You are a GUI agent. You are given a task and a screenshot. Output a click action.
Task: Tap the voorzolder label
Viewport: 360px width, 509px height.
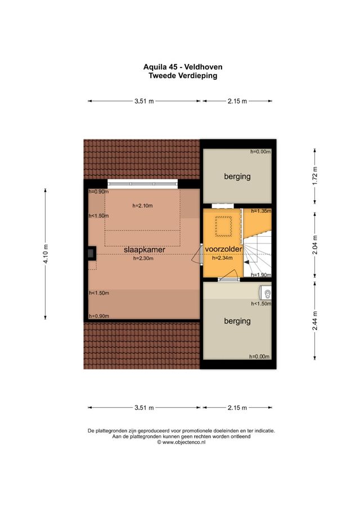click(x=223, y=249)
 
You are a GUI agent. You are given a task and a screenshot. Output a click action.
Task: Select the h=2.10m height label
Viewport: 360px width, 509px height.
click(x=142, y=206)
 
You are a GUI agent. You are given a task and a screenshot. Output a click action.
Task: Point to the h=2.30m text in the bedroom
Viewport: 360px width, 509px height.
click(x=143, y=259)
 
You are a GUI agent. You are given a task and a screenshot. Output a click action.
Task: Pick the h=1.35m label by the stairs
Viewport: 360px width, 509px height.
click(x=261, y=211)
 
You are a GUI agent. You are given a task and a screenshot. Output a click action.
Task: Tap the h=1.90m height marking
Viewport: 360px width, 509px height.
click(x=261, y=274)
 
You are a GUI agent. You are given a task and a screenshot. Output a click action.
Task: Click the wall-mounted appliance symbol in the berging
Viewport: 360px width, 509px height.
click(x=266, y=292)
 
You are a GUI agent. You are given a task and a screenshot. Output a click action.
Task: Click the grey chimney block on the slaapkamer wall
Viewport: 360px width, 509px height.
click(x=90, y=253)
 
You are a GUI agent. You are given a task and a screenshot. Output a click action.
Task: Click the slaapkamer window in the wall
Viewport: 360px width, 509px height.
click(x=143, y=183)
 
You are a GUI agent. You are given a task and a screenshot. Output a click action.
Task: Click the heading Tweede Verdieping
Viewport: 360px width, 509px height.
click(x=182, y=75)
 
